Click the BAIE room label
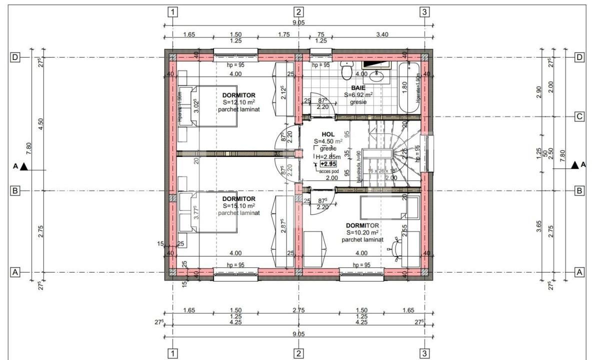pyautogui.click(x=358, y=87)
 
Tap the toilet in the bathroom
pyautogui.click(x=346, y=71)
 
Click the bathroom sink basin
pyautogui.click(x=377, y=76)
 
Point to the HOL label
pyautogui.click(x=328, y=134)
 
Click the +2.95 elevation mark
pyautogui.click(x=328, y=164)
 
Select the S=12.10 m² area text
pyautogui.click(x=239, y=102)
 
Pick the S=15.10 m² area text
pyautogui.click(x=239, y=205)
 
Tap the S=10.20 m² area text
pyautogui.click(x=362, y=232)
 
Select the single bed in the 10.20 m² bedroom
pyautogui.click(x=382, y=207)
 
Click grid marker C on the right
pyautogui.click(x=579, y=117)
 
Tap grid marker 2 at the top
pyautogui.click(x=298, y=12)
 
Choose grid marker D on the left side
pyautogui.click(x=15, y=57)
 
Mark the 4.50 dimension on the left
pyautogui.click(x=40, y=123)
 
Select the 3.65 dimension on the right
pyautogui.click(x=538, y=227)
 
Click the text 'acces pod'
pyautogui.click(x=329, y=171)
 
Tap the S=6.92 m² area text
pyautogui.click(x=358, y=94)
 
